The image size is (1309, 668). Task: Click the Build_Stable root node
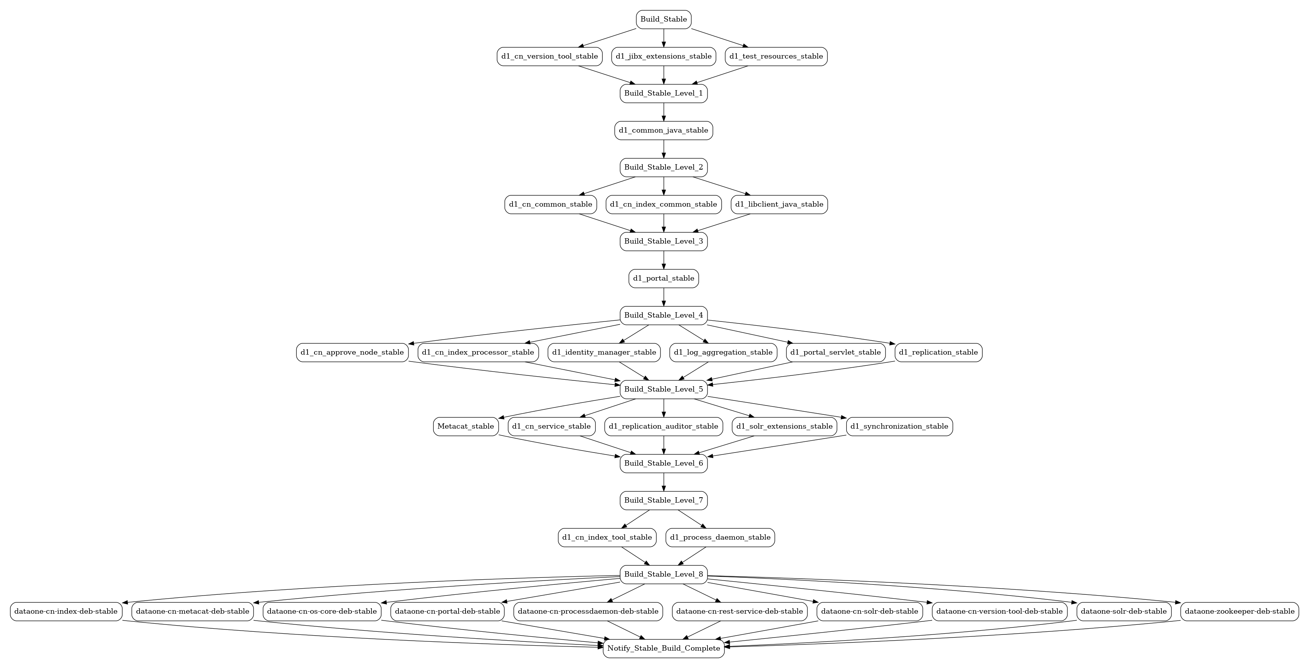point(663,19)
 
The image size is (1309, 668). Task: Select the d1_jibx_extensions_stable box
point(663,56)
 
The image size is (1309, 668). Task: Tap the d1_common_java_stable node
point(663,130)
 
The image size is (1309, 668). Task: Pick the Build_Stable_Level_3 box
point(663,241)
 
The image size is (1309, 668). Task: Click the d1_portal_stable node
point(663,278)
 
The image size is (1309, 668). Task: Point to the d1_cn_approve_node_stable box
point(352,352)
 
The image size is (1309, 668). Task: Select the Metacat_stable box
point(465,426)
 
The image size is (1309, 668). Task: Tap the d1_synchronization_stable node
point(899,426)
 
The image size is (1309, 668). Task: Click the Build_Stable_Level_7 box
point(663,500)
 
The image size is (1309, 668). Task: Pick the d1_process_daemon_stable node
point(720,537)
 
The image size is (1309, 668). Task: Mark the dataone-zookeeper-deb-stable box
point(1239,611)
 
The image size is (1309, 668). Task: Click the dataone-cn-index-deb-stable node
point(66,611)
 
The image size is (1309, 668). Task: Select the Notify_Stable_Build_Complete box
point(663,648)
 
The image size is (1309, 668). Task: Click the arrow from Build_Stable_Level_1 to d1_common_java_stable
point(663,112)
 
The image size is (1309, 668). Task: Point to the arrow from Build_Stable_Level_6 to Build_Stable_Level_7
point(663,482)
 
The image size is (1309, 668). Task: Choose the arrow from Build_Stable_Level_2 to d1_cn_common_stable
point(607,185)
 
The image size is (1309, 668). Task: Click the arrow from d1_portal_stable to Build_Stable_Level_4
point(663,297)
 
